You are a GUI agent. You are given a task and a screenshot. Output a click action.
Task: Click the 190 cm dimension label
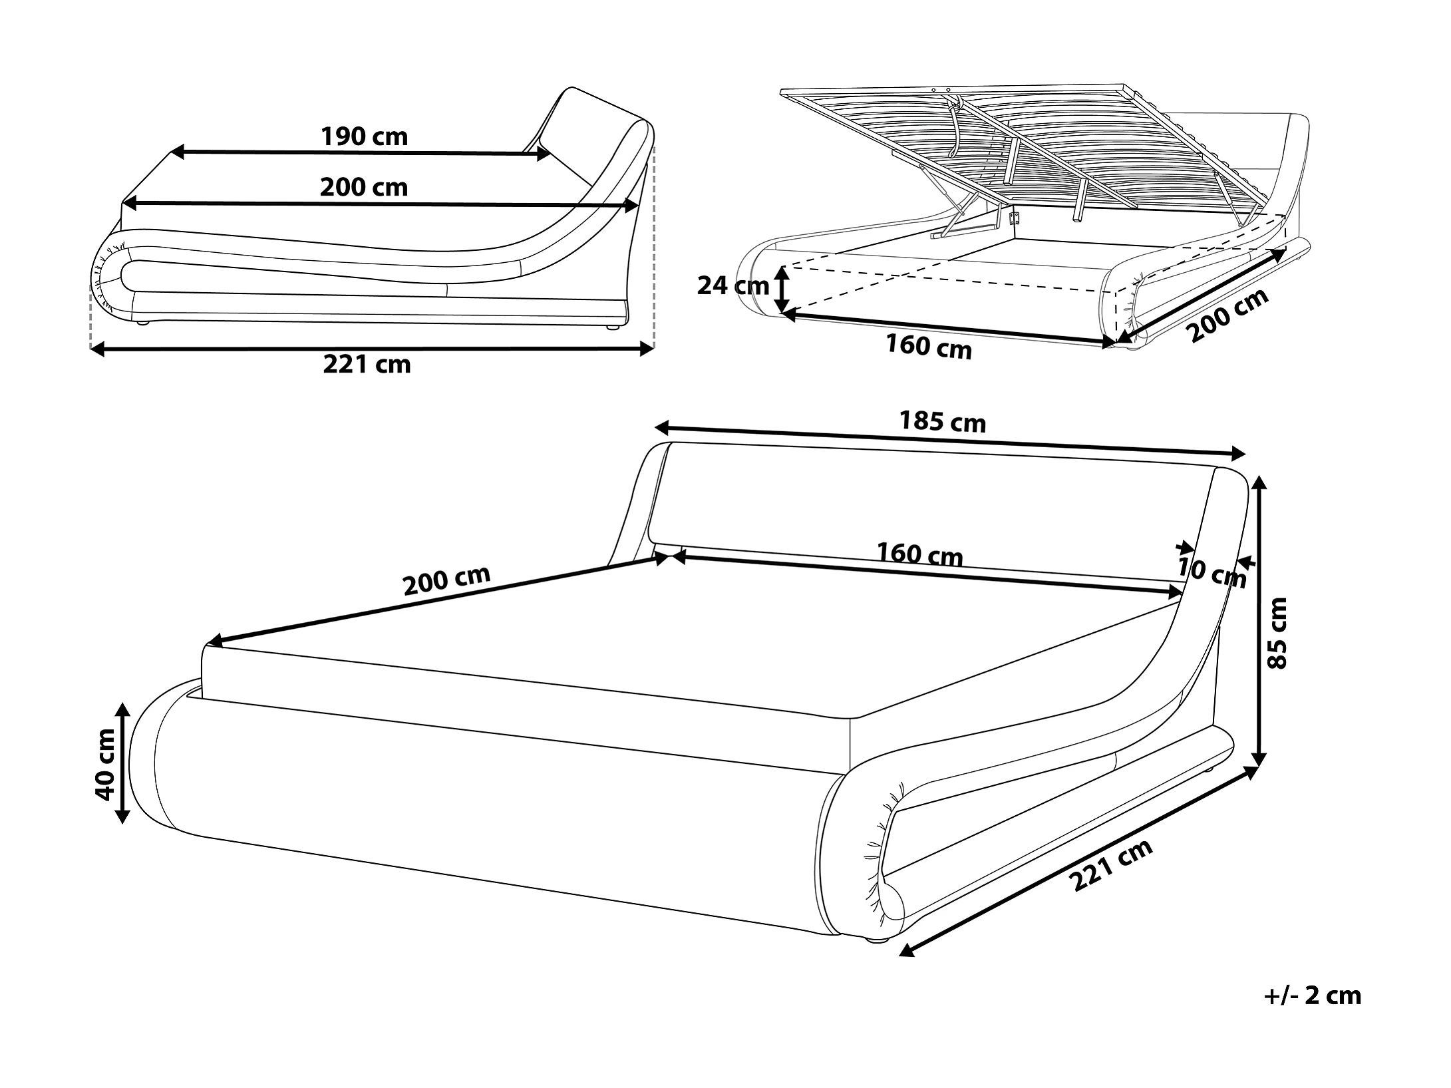[364, 136]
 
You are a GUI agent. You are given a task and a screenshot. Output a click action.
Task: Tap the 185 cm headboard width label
[942, 422]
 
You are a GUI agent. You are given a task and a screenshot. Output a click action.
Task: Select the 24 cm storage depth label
[732, 285]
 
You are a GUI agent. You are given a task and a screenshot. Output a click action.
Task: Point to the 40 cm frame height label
[105, 764]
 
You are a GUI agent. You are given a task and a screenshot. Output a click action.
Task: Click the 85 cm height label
[1278, 633]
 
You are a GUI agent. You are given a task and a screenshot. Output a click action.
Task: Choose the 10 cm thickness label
[1211, 573]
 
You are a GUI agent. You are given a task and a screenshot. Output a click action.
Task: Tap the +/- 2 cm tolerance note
[1312, 1013]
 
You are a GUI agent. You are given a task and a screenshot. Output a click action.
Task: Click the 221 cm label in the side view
[367, 365]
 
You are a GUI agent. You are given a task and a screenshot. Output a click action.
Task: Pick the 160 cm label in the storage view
[928, 347]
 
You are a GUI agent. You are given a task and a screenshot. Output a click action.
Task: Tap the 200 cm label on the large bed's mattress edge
[446, 582]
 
